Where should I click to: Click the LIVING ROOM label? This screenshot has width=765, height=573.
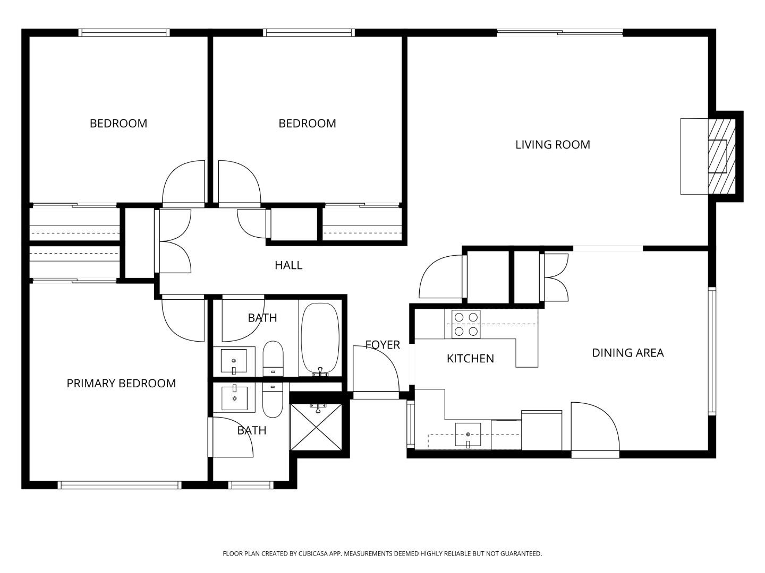552,144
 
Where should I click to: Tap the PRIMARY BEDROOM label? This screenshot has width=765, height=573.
121,383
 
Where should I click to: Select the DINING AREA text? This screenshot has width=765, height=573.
627,353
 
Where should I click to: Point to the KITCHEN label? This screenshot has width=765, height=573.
470,359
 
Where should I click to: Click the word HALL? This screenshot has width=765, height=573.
288,265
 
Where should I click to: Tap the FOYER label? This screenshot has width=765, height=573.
382,345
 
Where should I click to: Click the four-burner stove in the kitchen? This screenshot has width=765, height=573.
466,324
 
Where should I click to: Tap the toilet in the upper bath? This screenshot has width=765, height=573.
274,358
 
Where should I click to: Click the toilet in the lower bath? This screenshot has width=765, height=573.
273,401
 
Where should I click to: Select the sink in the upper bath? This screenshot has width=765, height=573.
234,361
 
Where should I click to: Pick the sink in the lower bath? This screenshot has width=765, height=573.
234,398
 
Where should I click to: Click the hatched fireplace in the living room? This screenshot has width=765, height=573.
721,156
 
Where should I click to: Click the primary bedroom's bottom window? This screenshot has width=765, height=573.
120,485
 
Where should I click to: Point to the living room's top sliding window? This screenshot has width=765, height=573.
559,33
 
